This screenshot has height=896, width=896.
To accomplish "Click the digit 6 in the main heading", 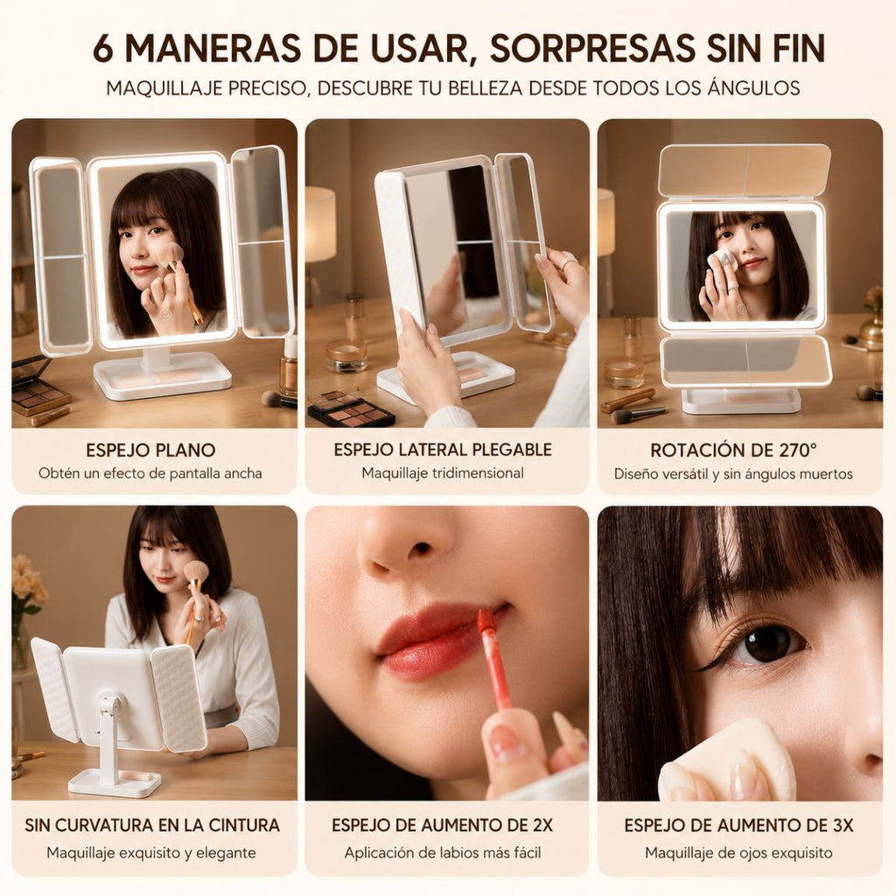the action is tap(103, 48).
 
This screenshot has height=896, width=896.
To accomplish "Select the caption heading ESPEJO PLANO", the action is tap(150, 451).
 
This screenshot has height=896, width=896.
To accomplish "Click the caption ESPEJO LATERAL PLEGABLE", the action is tap(443, 450).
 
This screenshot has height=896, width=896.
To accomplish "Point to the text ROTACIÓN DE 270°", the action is tap(734, 451).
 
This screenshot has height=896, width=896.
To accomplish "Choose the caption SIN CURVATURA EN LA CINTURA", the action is tap(152, 825).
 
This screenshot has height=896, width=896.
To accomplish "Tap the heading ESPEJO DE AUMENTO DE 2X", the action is tap(442, 825).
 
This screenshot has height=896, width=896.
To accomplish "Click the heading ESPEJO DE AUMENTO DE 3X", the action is tap(738, 825).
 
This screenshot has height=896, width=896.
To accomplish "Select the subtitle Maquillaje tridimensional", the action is tap(443, 473).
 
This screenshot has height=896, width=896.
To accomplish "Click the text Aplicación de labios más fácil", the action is tap(442, 852).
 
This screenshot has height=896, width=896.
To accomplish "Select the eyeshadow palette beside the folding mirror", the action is tap(350, 409).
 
